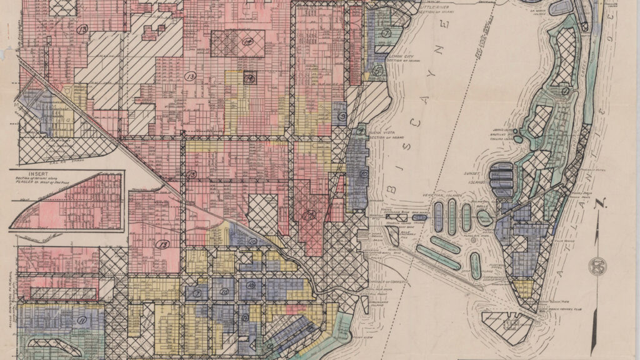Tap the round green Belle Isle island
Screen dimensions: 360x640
pos(484,217)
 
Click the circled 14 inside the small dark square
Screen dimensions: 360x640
pos(249,79)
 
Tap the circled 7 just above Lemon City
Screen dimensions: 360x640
pos(386,33)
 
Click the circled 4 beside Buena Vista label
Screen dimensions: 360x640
pos(361,131)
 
